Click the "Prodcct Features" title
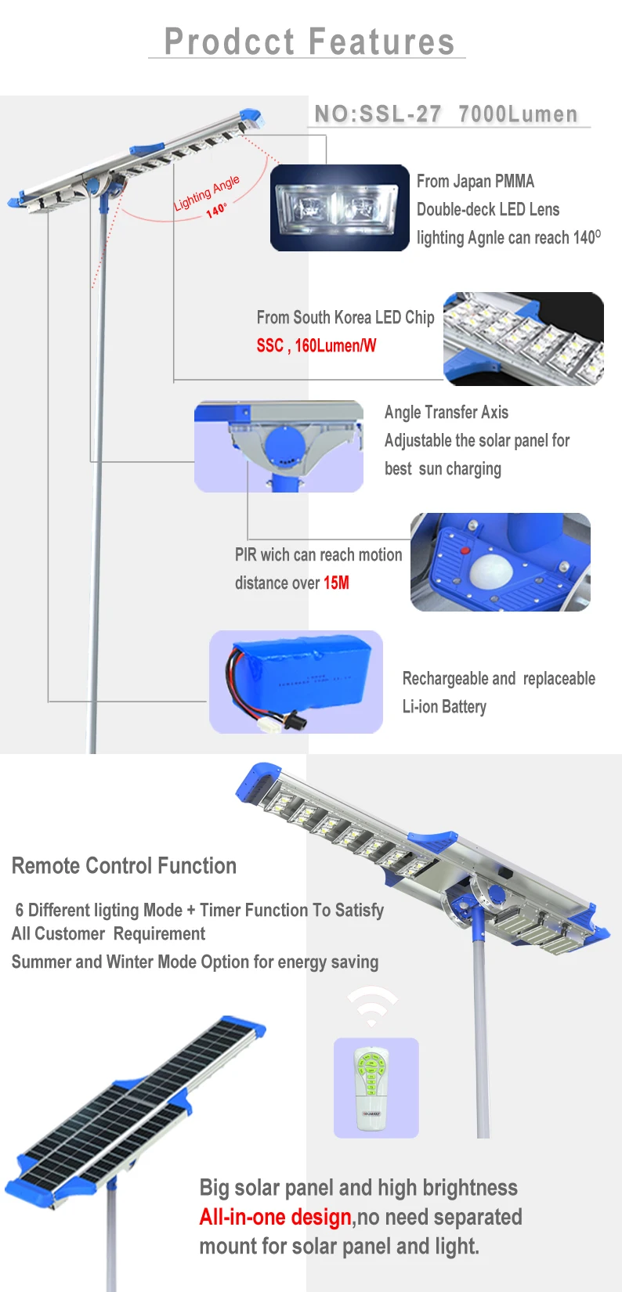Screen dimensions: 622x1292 pyautogui.click(x=309, y=42)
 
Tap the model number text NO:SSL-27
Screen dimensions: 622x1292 pyautogui.click(x=378, y=114)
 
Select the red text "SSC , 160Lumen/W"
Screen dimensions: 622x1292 pyautogui.click(x=316, y=345)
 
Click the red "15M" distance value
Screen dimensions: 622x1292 pyautogui.click(x=336, y=583)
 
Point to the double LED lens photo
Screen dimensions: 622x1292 pyautogui.click(x=340, y=208)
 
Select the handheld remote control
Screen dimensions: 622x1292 pyautogui.click(x=372, y=1088)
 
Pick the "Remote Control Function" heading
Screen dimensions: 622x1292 pyautogui.click(x=124, y=866)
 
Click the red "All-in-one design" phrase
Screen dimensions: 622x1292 pyautogui.click(x=275, y=1217)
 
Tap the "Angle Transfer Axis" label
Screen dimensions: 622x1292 pyautogui.click(x=447, y=412)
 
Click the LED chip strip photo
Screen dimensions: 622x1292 pyautogui.click(x=523, y=338)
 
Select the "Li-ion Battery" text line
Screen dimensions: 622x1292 pyautogui.click(x=444, y=706)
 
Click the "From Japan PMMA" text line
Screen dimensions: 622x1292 pyautogui.click(x=476, y=181)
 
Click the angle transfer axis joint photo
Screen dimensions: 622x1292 pyautogui.click(x=279, y=446)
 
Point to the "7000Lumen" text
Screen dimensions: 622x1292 pyautogui.click(x=518, y=114)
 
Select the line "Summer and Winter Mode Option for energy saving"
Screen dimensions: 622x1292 pyautogui.click(x=195, y=962)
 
